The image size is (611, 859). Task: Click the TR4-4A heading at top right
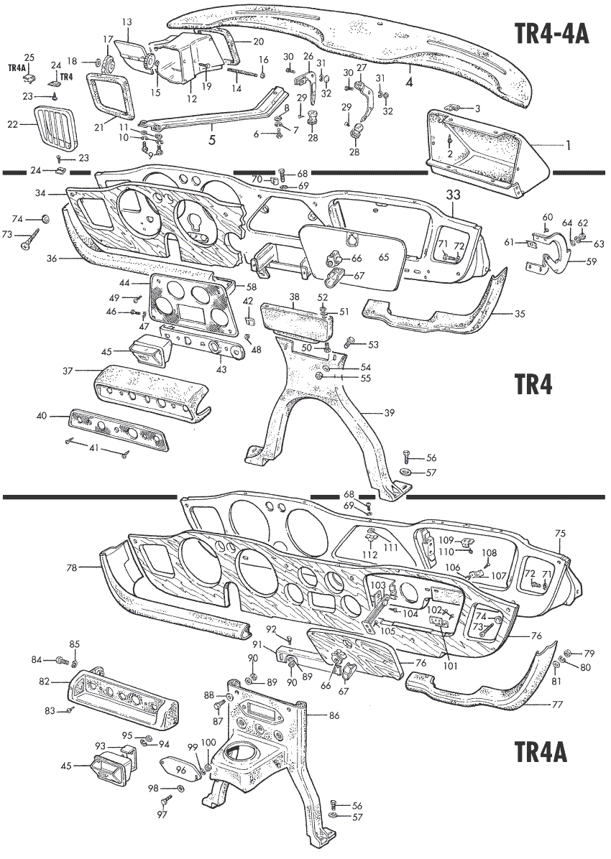click(552, 33)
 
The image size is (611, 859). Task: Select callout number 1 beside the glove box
click(567, 145)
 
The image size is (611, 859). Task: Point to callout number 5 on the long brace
click(212, 140)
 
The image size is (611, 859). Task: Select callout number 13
click(127, 22)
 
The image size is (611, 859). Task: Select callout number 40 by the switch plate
click(43, 415)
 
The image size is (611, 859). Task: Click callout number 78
click(70, 567)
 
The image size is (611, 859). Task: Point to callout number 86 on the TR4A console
click(334, 715)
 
